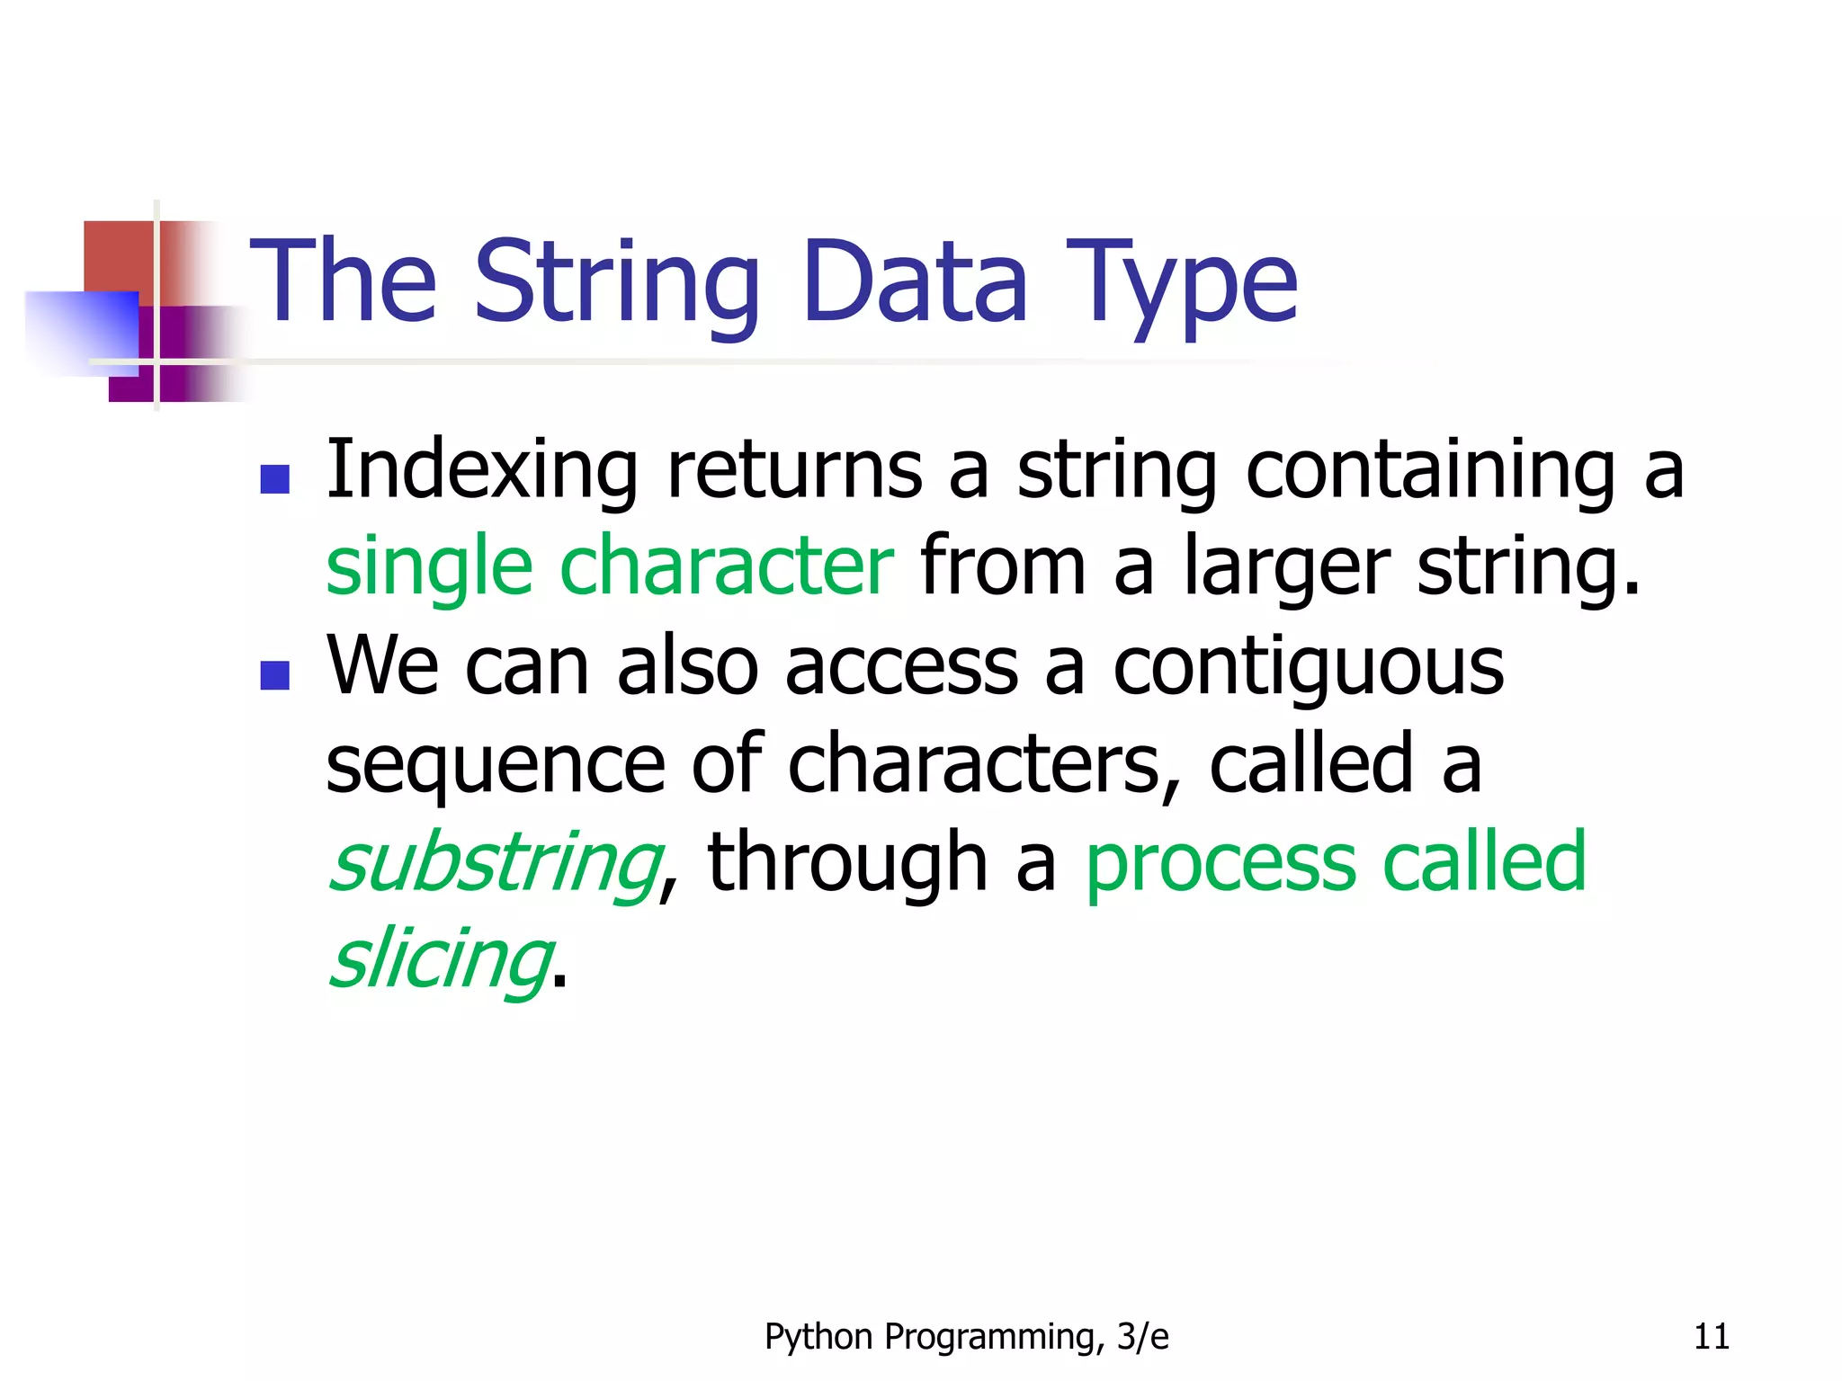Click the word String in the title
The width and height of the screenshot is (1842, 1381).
point(617,283)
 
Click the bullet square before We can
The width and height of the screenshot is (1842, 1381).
point(274,674)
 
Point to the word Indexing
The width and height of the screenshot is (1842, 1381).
point(482,471)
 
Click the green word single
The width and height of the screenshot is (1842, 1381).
point(429,567)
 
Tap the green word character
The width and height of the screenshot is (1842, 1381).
point(727,566)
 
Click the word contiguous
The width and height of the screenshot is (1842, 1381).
point(1308,670)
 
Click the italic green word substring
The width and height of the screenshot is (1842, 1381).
point(496,864)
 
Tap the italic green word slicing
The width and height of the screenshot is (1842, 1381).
point(441,961)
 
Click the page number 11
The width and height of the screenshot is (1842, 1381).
point(1711,1337)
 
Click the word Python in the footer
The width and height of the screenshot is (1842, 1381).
point(818,1338)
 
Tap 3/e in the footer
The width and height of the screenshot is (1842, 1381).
point(1141,1337)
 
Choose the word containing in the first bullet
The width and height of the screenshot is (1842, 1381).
point(1430,471)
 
